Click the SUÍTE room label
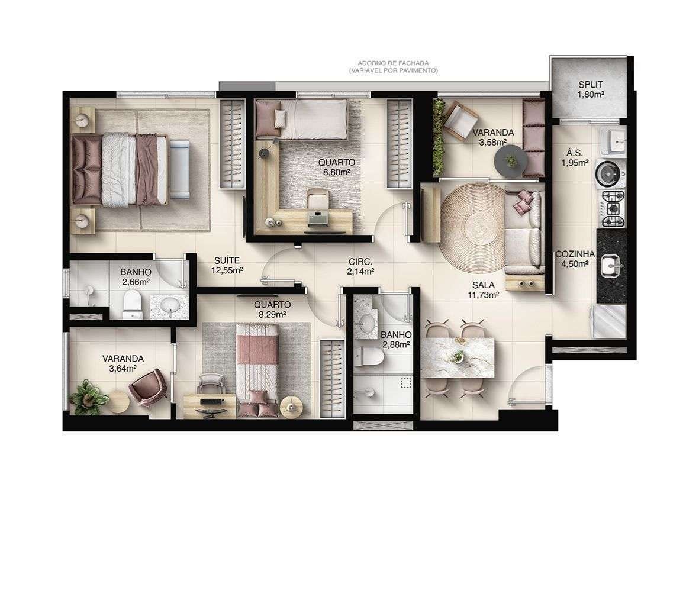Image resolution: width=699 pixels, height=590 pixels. tap(227, 260)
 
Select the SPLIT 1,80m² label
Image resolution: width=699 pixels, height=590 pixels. tap(591, 89)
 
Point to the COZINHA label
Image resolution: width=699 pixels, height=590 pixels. tap(575, 254)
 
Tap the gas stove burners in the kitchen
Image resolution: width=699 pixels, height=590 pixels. tap(613, 208)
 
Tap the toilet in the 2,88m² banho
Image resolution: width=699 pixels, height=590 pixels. tap(369, 356)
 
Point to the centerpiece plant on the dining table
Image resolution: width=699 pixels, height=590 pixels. tap(458, 356)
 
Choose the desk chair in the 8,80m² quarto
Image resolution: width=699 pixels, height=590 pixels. tap(317, 199)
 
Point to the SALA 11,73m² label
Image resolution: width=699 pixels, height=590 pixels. tap(483, 289)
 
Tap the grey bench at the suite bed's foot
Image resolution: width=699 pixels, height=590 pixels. tap(180, 169)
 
